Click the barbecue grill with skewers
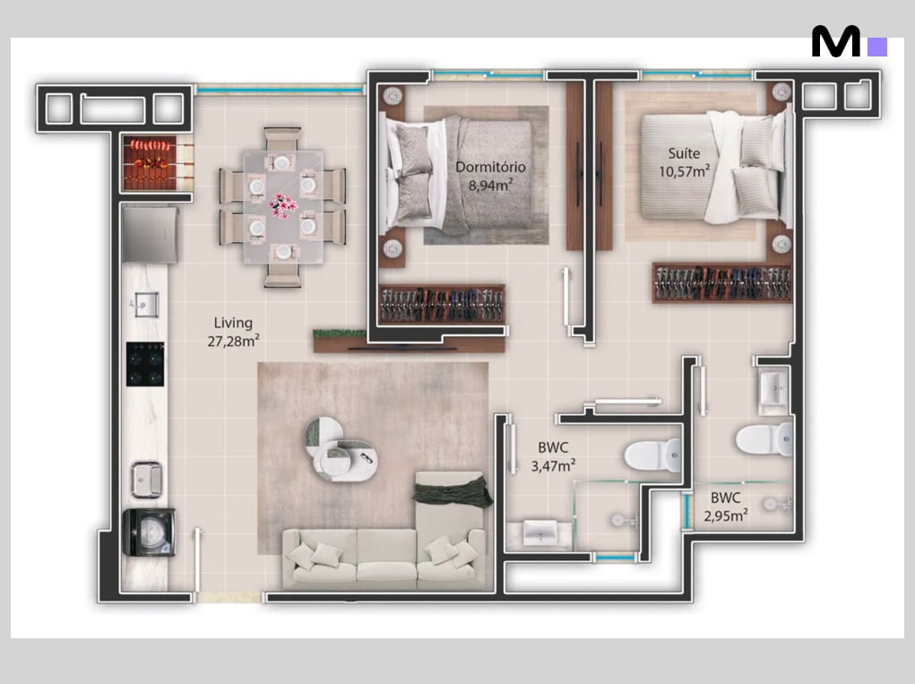[150, 163]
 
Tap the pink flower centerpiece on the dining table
[283, 205]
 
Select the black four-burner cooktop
[145, 364]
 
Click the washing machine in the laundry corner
[149, 532]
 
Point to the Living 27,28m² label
[233, 332]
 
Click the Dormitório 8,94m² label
[490, 177]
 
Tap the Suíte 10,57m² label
[684, 162]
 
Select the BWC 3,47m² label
[553, 457]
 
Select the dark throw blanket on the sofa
[453, 491]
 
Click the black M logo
[835, 41]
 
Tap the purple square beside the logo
[877, 47]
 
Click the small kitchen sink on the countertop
[146, 304]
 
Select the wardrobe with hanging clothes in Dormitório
[442, 304]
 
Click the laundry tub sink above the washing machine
[146, 479]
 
